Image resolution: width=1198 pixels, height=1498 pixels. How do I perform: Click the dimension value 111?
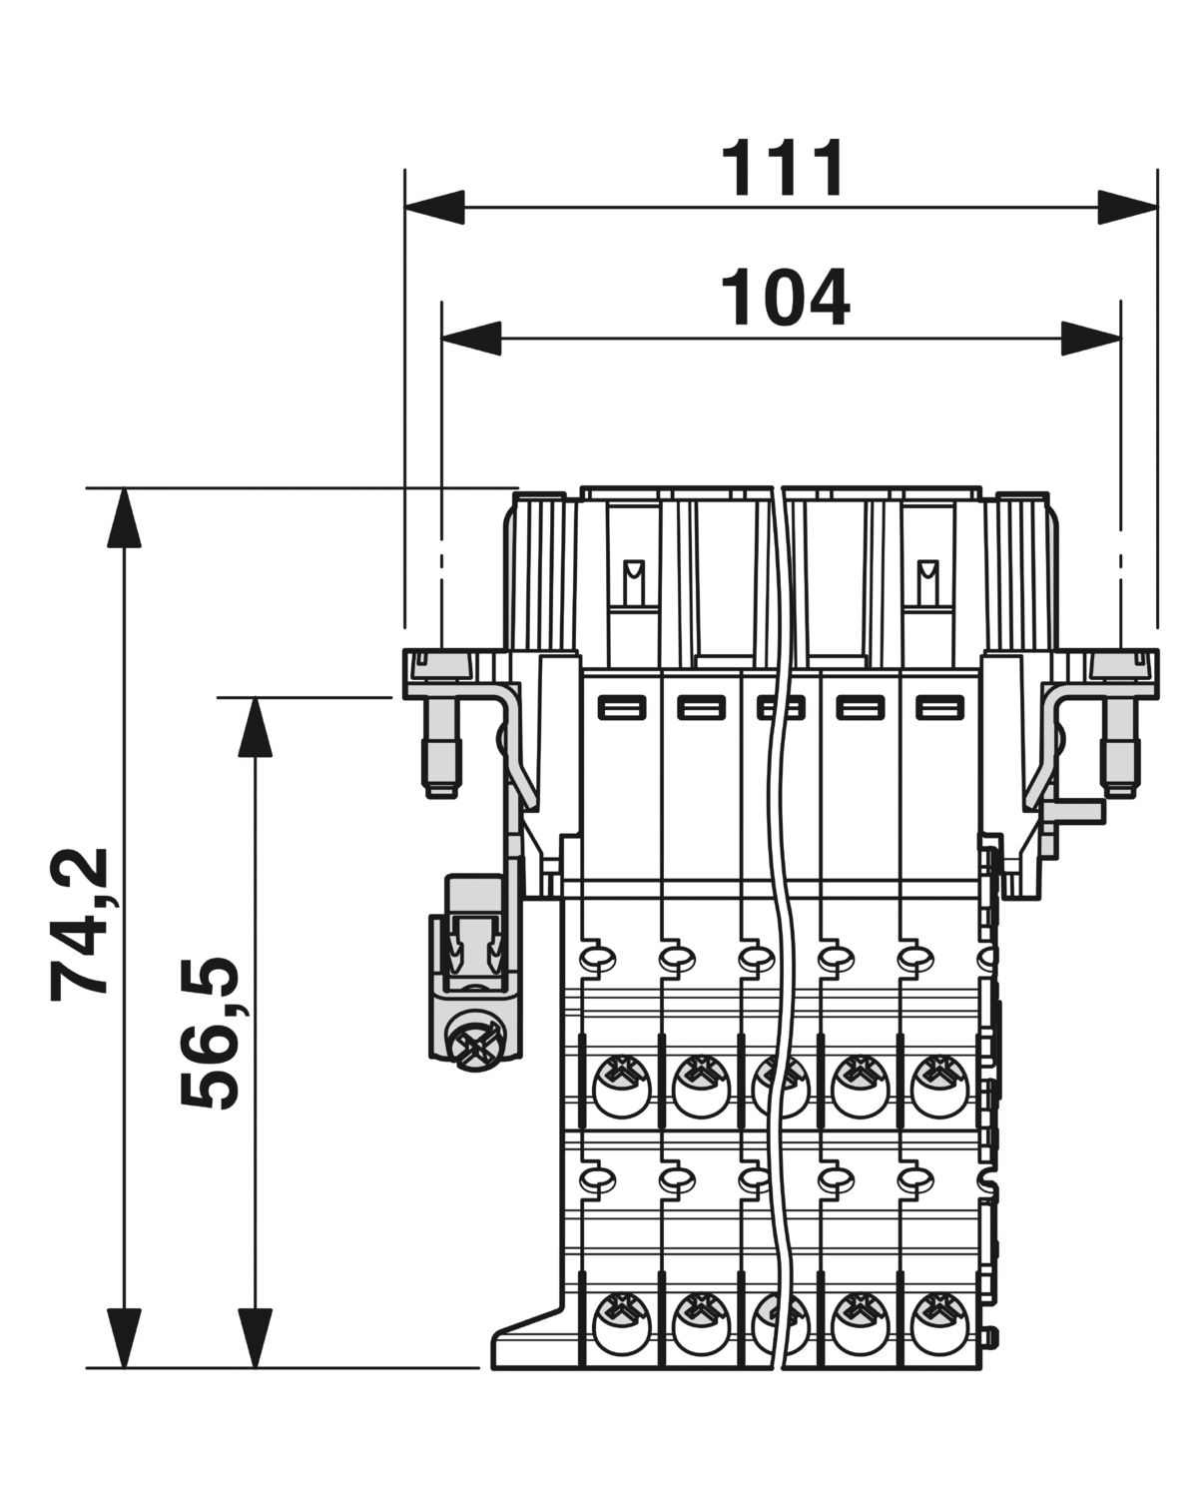[x=782, y=168]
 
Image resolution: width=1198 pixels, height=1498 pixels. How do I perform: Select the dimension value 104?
[x=785, y=298]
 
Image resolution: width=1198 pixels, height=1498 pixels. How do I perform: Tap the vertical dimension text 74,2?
[x=79, y=924]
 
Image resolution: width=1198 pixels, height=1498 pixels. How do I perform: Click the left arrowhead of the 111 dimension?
[x=434, y=207]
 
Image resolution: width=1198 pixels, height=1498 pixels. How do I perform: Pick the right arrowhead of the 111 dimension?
[x=1128, y=207]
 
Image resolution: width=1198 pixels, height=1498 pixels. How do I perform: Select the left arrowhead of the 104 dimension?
[x=471, y=338]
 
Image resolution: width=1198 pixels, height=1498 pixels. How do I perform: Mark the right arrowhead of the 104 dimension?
[x=1091, y=338]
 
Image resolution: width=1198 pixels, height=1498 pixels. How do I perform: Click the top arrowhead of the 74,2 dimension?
[x=124, y=518]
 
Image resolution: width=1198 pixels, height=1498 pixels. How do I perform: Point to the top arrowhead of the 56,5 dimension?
[x=255, y=727]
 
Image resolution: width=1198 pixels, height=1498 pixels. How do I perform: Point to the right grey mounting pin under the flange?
[x=1120, y=747]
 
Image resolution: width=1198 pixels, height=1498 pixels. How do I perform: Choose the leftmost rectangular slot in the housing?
[x=622, y=709]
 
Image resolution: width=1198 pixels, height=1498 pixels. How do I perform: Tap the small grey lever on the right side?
[x=1072, y=812]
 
